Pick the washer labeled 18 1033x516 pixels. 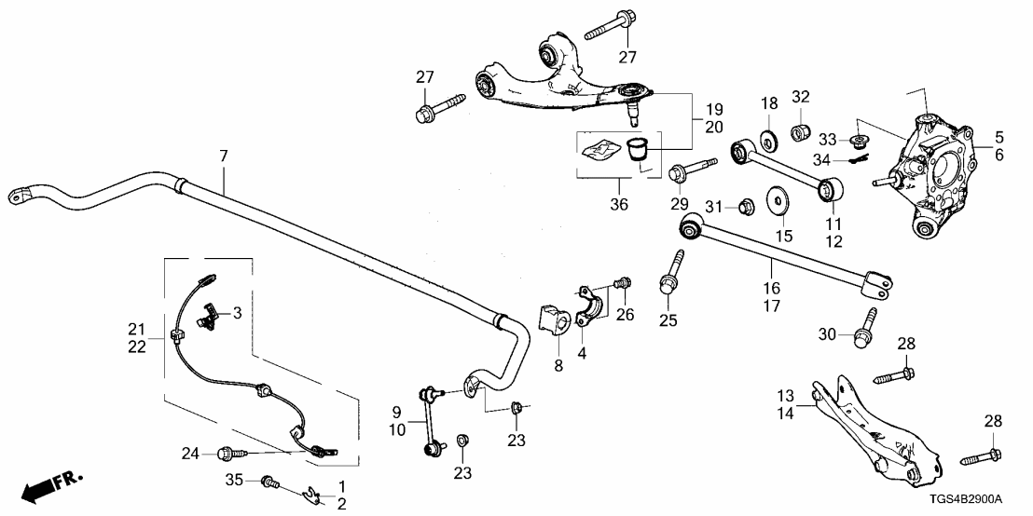(x=769, y=140)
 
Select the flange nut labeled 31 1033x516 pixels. (x=746, y=205)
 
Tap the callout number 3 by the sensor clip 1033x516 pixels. (x=237, y=314)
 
